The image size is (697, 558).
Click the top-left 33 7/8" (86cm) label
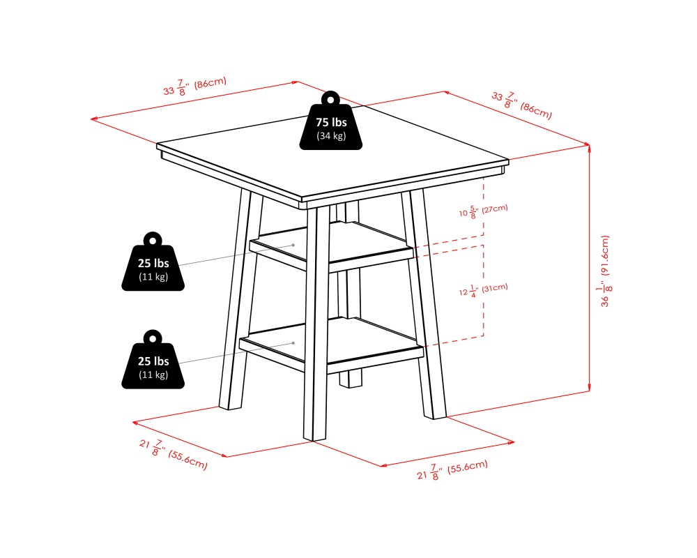point(194,87)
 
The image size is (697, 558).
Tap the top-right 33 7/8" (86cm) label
point(521,104)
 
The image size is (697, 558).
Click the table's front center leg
point(316,321)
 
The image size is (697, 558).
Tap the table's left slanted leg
point(237,300)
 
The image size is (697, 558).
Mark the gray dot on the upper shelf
point(293,246)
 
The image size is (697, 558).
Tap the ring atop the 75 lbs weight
point(330,98)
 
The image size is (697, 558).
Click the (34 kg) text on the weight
point(331,136)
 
